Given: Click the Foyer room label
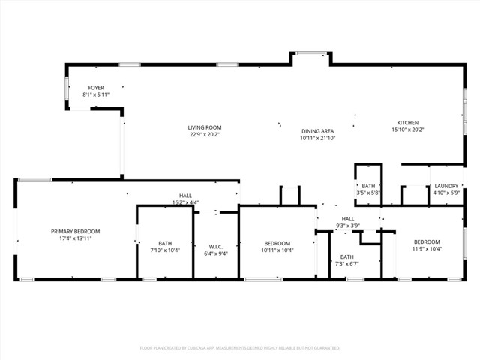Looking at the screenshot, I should pos(96,88).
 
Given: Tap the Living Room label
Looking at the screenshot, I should pos(205,127).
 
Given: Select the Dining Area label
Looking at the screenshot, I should pos(317,131).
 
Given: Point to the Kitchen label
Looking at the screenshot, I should pos(407,123).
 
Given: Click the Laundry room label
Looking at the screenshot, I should pos(446,186).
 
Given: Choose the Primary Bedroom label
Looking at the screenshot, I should pos(75,231).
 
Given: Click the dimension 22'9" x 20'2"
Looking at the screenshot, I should pos(205,136).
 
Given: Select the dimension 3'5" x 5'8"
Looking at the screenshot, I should pos(368,193).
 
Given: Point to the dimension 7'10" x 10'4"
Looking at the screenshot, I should pos(165,250).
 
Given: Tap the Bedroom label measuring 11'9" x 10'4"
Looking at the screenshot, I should pos(427,241).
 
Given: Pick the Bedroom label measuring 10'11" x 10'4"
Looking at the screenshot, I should pos(277,243).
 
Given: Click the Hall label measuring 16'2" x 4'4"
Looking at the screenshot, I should pos(185,195).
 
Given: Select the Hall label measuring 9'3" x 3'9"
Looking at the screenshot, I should pos(347,218).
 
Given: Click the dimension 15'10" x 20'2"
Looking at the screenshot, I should pos(407,130).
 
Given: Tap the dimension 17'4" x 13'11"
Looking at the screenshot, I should pos(75,238).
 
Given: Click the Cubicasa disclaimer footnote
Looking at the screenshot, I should pos(240,348).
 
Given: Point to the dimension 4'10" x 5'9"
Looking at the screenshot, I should pos(446,193).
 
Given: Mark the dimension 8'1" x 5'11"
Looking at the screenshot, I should pos(96,95).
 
